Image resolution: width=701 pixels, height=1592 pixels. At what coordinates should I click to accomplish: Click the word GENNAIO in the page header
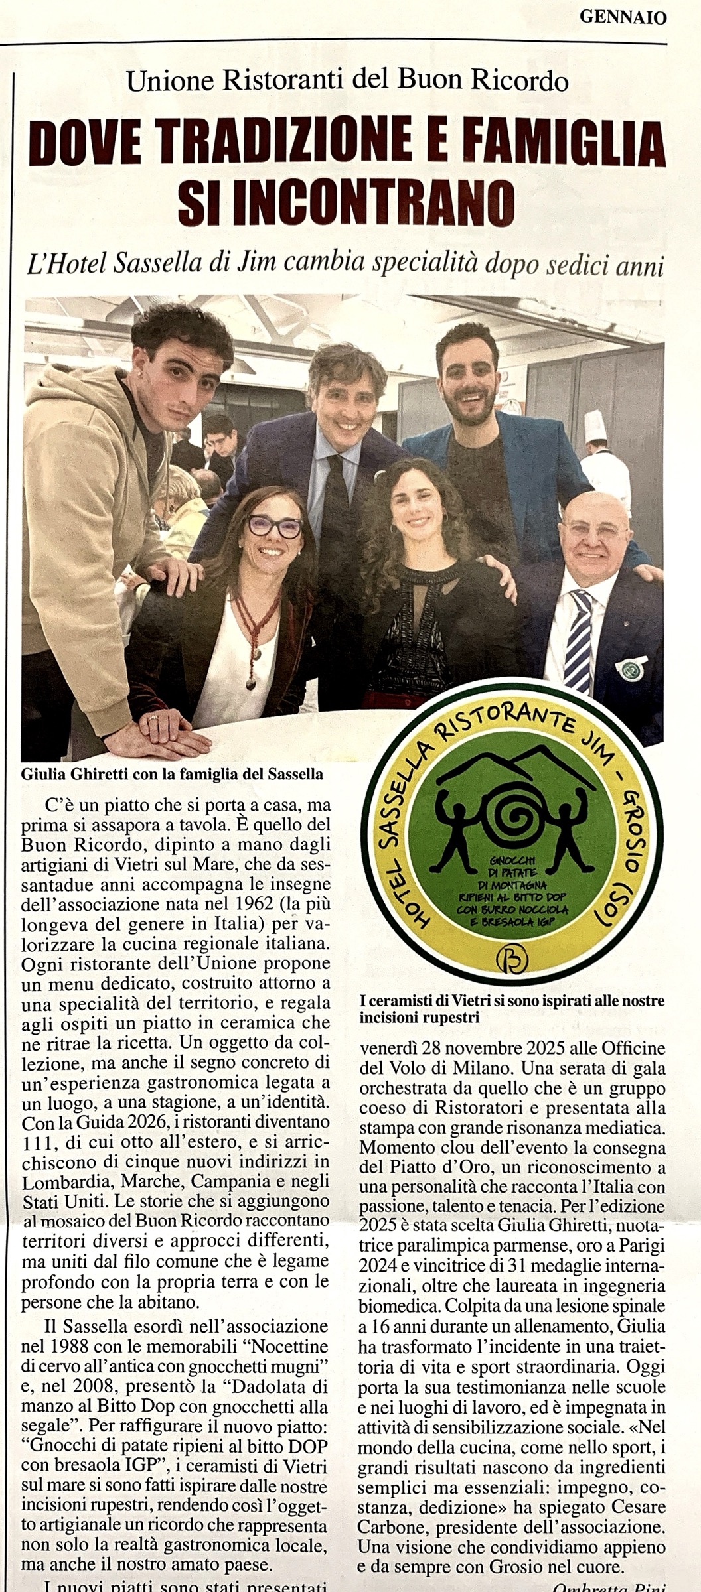(x=623, y=19)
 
